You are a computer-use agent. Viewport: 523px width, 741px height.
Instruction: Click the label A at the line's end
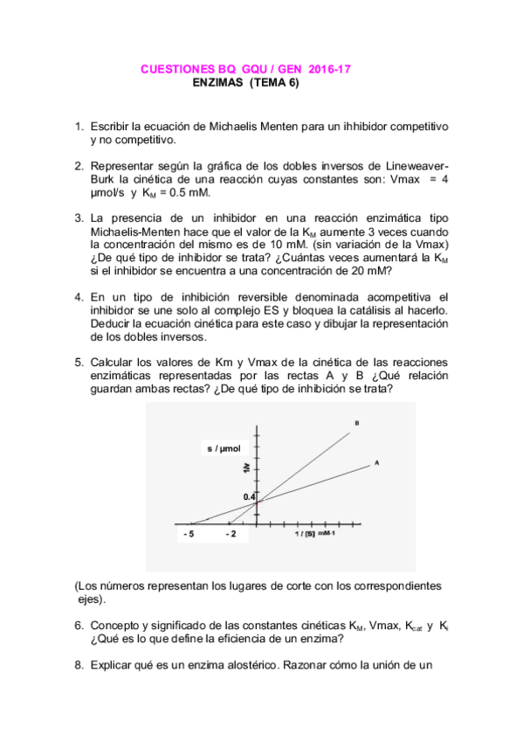click(376, 462)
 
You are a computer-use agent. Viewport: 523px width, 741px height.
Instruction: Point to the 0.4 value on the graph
click(250, 496)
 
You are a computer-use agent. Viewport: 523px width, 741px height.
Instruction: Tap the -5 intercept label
click(189, 532)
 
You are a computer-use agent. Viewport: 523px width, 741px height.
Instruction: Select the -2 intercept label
click(231, 532)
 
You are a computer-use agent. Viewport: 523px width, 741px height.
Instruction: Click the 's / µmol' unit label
click(224, 448)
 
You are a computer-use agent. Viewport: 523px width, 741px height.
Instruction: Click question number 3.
click(79, 218)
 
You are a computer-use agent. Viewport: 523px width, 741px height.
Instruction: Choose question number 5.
click(79, 362)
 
